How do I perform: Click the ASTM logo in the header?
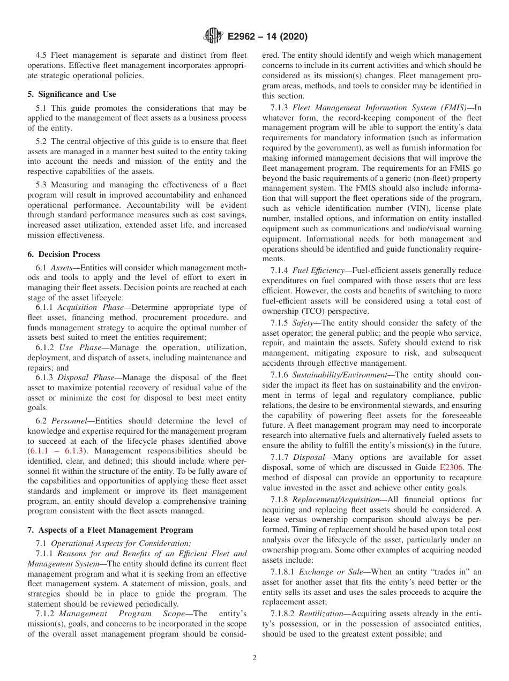(x=213, y=36)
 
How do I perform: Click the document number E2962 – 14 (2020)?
(x=267, y=37)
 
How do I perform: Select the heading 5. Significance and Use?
(x=71, y=94)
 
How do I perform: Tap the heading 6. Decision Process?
(x=64, y=254)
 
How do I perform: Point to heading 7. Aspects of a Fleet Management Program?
(x=110, y=530)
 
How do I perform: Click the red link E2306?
(x=451, y=467)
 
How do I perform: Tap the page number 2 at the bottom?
(x=254, y=658)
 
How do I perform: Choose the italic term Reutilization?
(x=320, y=614)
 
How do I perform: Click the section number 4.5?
(x=42, y=55)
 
